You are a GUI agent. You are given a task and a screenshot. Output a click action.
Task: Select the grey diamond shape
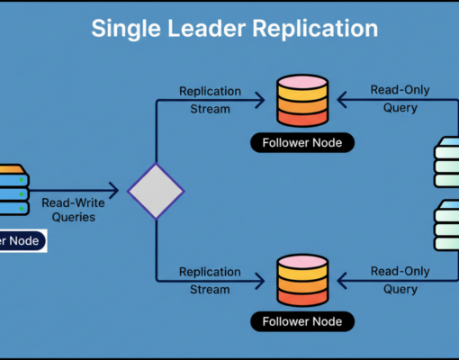pyautogui.click(x=156, y=191)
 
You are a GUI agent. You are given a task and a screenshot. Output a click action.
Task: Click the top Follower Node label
pyautogui.click(x=302, y=142)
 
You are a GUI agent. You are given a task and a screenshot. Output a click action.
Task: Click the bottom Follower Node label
pyautogui.click(x=302, y=320)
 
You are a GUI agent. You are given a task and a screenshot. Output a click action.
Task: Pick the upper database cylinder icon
pyautogui.click(x=302, y=101)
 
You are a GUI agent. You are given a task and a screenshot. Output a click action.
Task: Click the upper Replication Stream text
pyautogui.click(x=209, y=100)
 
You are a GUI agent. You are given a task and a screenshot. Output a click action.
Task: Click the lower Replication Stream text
pyautogui.click(x=209, y=279)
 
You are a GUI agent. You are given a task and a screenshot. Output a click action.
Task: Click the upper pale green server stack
pyautogui.click(x=447, y=162)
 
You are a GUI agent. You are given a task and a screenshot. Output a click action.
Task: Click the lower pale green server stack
pyautogui.click(x=447, y=225)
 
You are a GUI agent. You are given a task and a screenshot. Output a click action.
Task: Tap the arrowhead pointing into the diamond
pyautogui.click(x=114, y=191)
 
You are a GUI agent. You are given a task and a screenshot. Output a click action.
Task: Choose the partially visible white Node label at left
pyautogui.click(x=22, y=240)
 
